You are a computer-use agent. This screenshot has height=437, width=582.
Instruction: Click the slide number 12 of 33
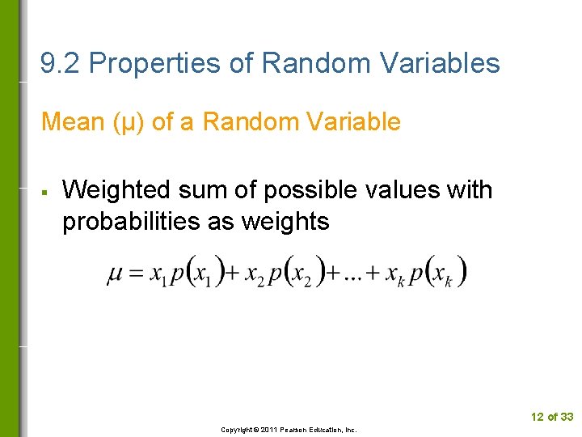(x=551, y=417)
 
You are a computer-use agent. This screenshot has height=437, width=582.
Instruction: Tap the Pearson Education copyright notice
(x=289, y=430)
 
